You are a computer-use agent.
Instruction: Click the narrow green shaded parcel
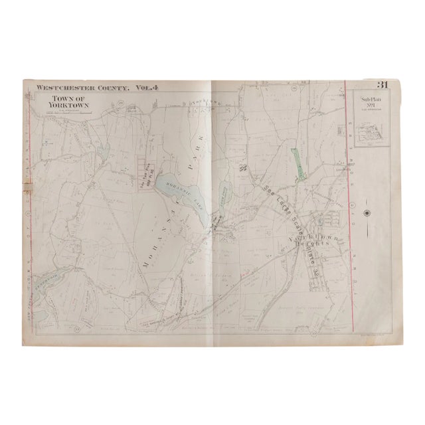pyautogui.click(x=298, y=161)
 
